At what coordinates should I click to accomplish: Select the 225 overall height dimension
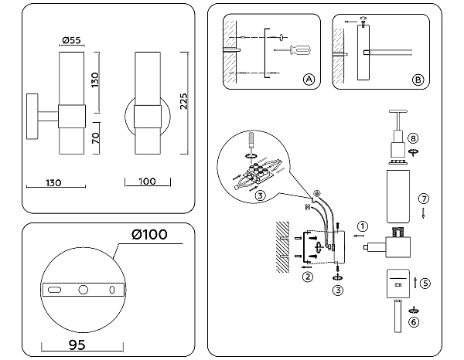click(184, 97)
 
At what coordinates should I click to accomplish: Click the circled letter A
click(309, 80)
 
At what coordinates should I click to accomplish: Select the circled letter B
click(418, 80)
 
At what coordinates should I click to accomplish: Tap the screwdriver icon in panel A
click(298, 51)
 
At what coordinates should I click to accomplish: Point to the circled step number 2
click(307, 276)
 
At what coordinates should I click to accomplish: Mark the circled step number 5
click(425, 283)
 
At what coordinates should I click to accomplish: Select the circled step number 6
click(414, 321)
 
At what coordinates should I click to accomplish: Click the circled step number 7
click(423, 199)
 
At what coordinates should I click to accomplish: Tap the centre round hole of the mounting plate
click(83, 290)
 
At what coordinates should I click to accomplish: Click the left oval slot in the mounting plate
click(55, 290)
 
